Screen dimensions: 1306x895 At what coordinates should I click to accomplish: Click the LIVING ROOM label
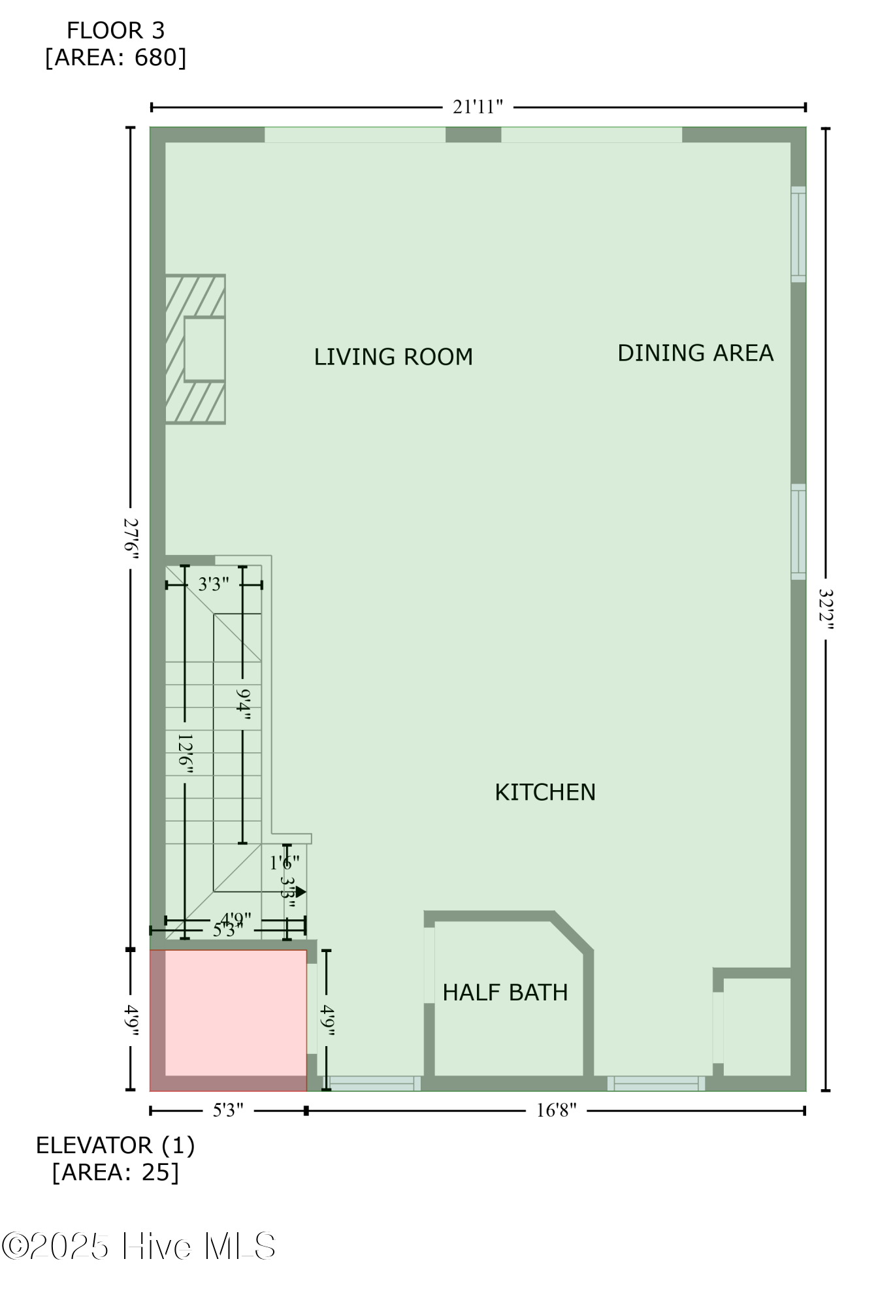tap(393, 357)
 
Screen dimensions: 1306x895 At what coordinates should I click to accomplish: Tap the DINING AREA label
tap(695, 353)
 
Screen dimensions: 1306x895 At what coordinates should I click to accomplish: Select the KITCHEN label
tap(545, 792)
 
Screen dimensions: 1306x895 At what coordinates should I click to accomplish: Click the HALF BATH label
tap(505, 993)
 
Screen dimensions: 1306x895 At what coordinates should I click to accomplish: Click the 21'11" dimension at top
tap(478, 107)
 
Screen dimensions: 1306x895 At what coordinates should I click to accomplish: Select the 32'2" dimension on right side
tap(826, 609)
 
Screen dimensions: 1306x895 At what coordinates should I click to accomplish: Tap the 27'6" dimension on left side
tap(131, 535)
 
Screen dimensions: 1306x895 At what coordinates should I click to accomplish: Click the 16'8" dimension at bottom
tap(556, 1111)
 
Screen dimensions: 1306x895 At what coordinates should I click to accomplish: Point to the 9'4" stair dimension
tap(243, 704)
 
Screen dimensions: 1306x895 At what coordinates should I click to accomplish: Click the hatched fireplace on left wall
tap(195, 349)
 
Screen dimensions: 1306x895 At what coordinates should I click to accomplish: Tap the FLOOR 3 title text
tap(116, 31)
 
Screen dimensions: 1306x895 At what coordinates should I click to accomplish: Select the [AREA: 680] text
tap(116, 58)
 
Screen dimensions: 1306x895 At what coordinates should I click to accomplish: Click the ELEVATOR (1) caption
tap(116, 1145)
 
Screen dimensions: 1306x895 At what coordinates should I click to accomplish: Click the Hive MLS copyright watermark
tap(138, 1246)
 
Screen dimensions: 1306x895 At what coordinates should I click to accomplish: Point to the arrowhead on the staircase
tap(301, 891)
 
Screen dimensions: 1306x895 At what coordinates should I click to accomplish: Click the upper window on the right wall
tap(798, 234)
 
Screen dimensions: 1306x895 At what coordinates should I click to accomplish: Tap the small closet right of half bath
tap(757, 1027)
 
